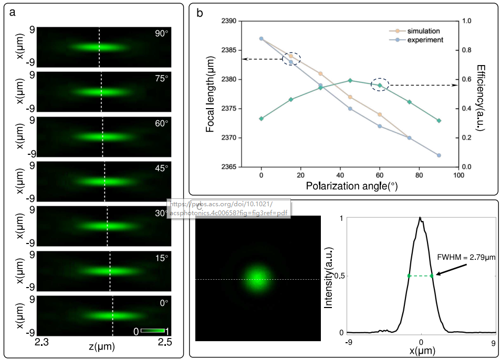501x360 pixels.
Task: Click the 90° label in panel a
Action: click(161, 34)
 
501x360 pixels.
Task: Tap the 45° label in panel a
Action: click(161, 168)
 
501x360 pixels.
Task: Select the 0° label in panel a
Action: click(164, 303)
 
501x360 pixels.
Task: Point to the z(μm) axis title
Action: click(102, 347)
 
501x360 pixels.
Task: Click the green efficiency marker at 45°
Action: click(350, 80)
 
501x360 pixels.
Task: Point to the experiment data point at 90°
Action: click(439, 155)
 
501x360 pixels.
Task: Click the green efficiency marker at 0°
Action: click(261, 119)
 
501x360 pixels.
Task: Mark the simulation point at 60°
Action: click(380, 114)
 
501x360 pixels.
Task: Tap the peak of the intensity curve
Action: click(420, 218)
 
